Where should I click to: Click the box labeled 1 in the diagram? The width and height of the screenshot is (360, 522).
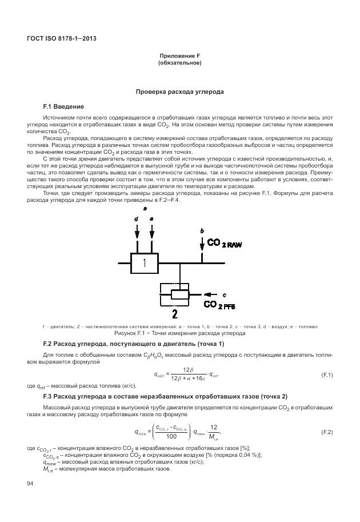click(144, 263)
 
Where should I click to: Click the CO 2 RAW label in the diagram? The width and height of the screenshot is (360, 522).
click(224, 244)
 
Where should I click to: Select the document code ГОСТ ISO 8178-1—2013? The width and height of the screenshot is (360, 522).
click(61, 38)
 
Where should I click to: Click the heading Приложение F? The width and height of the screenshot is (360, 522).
click(179, 55)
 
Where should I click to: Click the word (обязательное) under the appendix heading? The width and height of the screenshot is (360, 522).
click(179, 63)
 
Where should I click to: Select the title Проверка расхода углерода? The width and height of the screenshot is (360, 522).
click(179, 91)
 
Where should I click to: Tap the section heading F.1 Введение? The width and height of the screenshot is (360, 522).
click(63, 107)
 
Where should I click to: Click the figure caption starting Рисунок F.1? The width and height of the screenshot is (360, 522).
click(179, 332)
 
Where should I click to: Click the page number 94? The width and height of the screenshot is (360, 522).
click(31, 484)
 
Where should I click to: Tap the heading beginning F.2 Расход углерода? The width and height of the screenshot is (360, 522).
click(134, 344)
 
